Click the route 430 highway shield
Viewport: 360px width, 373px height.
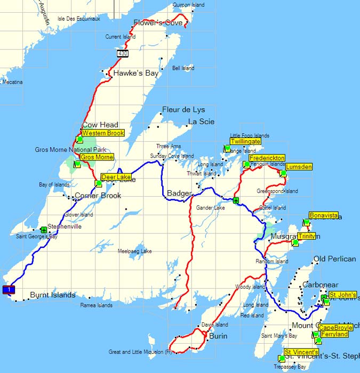point(123,54)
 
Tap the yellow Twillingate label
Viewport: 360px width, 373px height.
point(245,141)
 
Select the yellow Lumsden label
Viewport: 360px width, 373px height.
point(299,167)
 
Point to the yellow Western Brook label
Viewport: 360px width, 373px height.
point(103,133)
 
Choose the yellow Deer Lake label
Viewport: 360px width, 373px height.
point(115,176)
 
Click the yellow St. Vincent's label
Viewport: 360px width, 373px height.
point(301,352)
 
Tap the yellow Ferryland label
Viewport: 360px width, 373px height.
point(334,334)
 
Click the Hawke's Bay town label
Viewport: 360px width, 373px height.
point(136,74)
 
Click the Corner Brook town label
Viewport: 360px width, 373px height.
point(98,196)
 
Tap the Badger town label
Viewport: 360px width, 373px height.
point(179,193)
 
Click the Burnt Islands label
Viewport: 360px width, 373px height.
point(52,294)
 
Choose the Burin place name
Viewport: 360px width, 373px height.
point(219,336)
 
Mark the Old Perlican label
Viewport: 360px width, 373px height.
point(334,259)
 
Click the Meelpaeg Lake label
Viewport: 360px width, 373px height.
point(134,251)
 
